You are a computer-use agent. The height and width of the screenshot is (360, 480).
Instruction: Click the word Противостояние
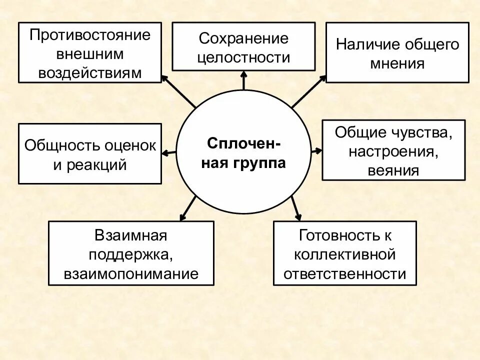90,35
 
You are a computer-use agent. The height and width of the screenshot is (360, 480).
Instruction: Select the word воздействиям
90,73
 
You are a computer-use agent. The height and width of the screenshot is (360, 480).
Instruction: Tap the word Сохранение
243,38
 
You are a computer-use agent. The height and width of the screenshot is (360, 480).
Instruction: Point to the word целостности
243,57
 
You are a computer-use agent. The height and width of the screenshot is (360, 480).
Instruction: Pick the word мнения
397,64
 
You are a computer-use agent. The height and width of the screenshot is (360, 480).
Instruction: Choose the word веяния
393,170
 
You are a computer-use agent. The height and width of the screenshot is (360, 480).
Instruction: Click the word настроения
394,151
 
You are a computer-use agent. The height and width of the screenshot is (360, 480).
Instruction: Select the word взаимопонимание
131,274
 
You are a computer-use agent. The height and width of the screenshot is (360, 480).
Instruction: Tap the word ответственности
344,274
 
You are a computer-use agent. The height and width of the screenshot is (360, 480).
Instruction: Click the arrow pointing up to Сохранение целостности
243,80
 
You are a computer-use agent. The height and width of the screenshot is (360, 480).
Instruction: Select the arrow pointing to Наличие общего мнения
308,91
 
